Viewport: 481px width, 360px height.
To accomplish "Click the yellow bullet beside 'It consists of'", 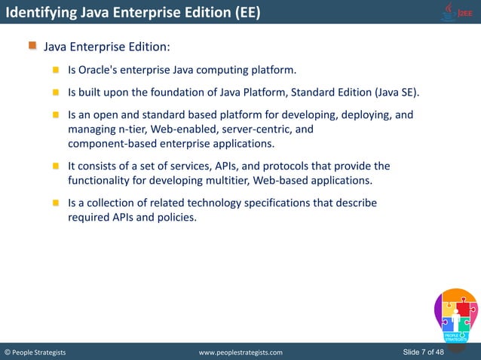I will pos(56,166).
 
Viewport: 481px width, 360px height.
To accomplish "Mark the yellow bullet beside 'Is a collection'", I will pos(56,203).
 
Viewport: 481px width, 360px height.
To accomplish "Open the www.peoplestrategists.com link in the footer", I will pos(240,352).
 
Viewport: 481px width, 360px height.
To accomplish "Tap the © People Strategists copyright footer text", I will pos(35,352).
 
